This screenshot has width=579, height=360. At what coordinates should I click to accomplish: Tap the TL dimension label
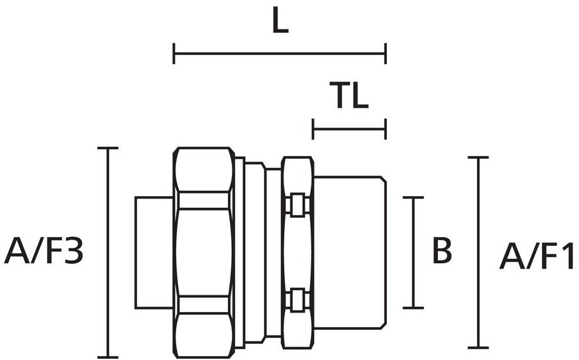[x=349, y=95]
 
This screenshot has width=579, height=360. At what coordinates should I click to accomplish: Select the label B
[x=442, y=250]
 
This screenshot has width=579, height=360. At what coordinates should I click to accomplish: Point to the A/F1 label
[x=537, y=256]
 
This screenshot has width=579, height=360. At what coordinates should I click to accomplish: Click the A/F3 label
[x=44, y=251]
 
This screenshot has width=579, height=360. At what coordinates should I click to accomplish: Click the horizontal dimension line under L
[x=279, y=54]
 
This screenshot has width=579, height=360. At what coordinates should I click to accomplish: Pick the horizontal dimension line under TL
[x=349, y=129]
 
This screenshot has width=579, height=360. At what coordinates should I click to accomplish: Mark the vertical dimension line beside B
[x=413, y=252]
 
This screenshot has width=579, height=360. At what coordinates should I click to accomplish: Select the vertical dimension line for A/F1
[x=478, y=252]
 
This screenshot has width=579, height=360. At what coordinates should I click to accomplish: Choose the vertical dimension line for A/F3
[x=108, y=252]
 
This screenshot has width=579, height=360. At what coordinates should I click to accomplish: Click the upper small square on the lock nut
[x=298, y=204]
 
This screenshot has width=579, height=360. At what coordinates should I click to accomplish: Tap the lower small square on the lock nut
[x=298, y=299]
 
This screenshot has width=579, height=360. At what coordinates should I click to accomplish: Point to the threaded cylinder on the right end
[x=350, y=252]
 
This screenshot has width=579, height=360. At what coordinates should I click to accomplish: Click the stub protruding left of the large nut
[x=154, y=252]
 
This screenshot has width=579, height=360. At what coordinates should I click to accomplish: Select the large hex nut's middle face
[x=204, y=252]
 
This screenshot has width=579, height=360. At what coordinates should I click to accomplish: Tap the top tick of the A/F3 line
[x=108, y=148]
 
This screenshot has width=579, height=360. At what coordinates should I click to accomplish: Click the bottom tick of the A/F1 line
[x=478, y=348]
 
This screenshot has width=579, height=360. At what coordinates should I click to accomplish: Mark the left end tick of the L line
[x=174, y=54]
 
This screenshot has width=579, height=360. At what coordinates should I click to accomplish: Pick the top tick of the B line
[x=413, y=197]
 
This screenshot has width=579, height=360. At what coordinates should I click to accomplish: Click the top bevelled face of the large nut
[x=204, y=170]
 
